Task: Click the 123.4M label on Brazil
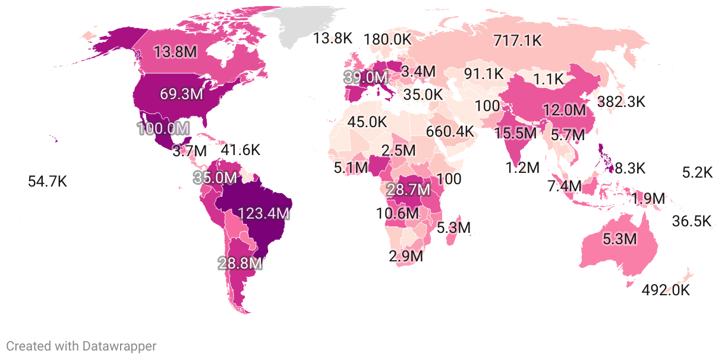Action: pyautogui.click(x=263, y=213)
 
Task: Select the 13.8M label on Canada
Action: pyautogui.click(x=175, y=52)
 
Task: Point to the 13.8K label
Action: pyautogui.click(x=333, y=39)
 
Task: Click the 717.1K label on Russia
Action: pyautogui.click(x=517, y=40)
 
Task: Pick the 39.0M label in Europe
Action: pyautogui.click(x=365, y=77)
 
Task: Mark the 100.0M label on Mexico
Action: pyautogui.click(x=163, y=128)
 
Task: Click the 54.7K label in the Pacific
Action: pyautogui.click(x=48, y=182)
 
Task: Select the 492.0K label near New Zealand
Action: pyautogui.click(x=666, y=290)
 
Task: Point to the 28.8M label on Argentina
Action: pyautogui.click(x=240, y=263)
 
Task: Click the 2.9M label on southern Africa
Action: pyautogui.click(x=406, y=257)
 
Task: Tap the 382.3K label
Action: pyautogui.click(x=621, y=101)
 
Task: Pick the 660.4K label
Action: pyautogui.click(x=450, y=131)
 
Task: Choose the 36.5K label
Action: pyautogui.click(x=691, y=221)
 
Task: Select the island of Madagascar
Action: pyautogui.click(x=453, y=229)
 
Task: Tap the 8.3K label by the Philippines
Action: pyautogui.click(x=629, y=168)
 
